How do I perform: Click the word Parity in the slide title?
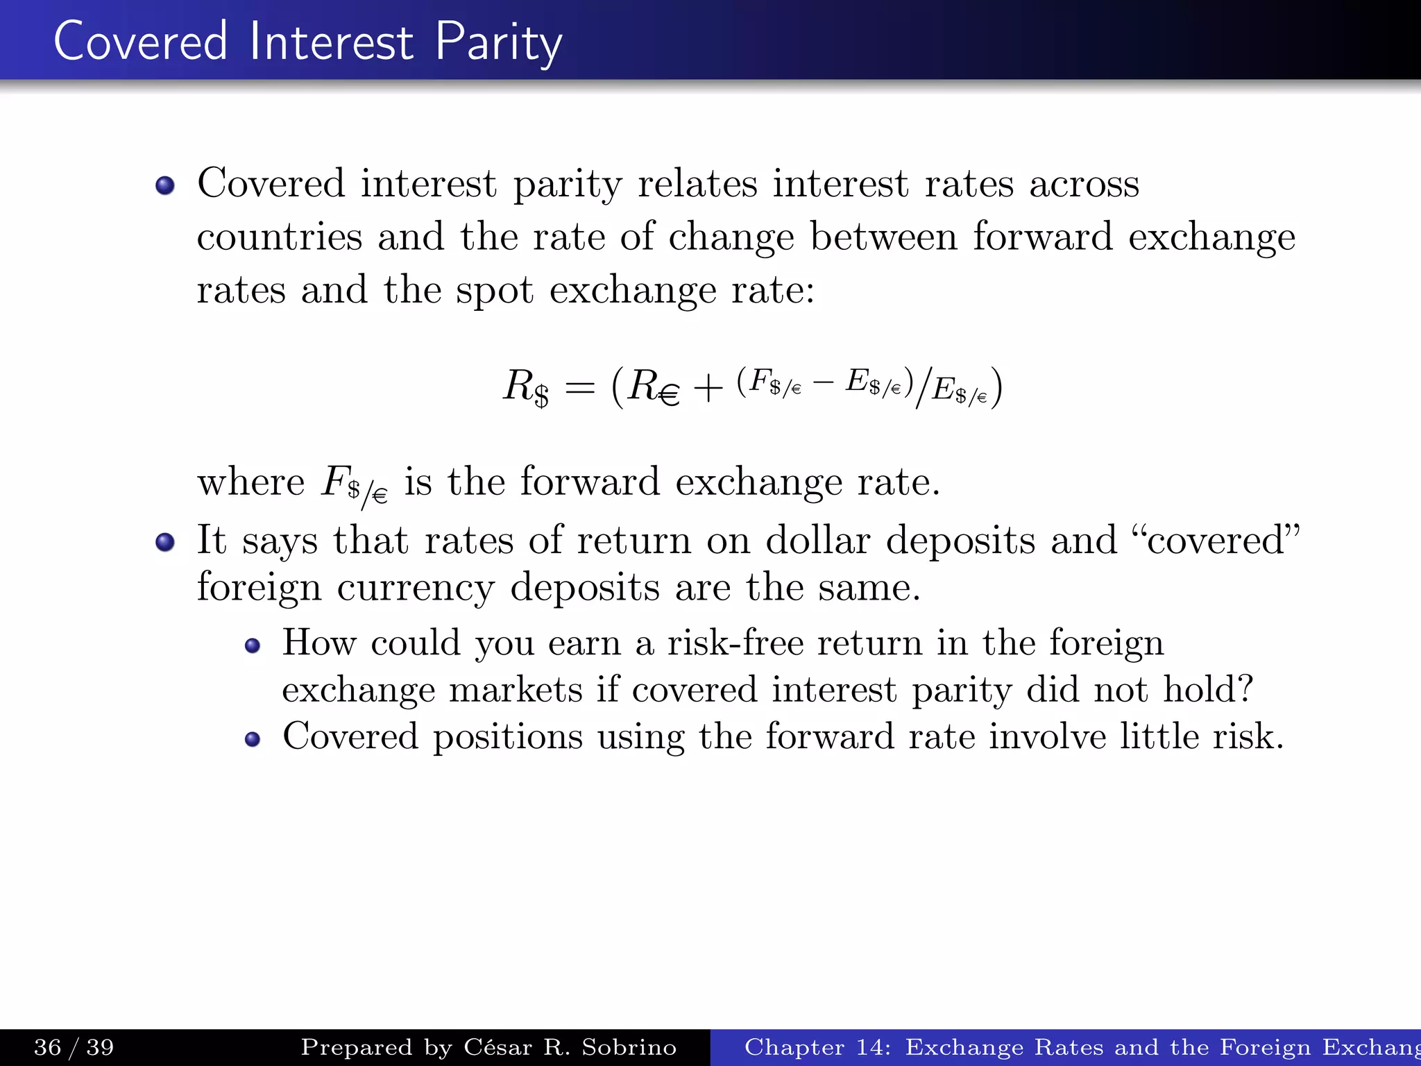pyautogui.click(x=498, y=43)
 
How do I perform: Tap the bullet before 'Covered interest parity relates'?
pyautogui.click(x=165, y=186)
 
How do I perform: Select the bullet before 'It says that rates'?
pyautogui.click(x=165, y=542)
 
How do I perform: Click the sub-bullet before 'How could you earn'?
pyautogui.click(x=253, y=646)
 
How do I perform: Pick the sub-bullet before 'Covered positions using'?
pyautogui.click(x=253, y=739)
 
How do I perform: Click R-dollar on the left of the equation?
pyautogui.click(x=526, y=387)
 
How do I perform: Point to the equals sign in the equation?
pyautogui.click(x=580, y=387)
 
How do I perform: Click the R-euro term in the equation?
pyautogui.click(x=653, y=387)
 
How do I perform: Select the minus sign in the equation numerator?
pyautogui.click(x=824, y=382)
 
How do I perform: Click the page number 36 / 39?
pyautogui.click(x=74, y=1047)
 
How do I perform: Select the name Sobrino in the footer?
pyautogui.click(x=629, y=1047)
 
